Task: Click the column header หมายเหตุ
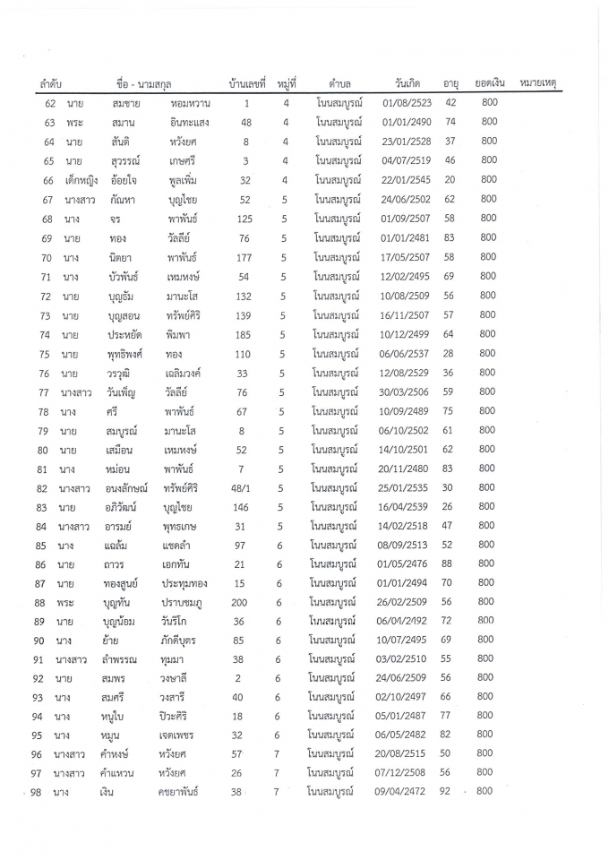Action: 537,83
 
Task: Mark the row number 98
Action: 37,792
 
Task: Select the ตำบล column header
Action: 339,83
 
